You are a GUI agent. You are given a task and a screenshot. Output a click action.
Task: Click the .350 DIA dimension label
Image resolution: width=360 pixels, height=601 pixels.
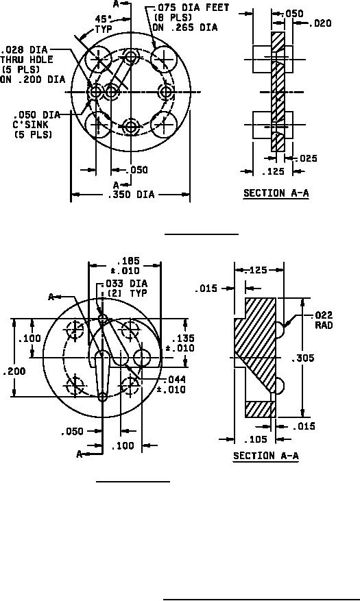click(131, 195)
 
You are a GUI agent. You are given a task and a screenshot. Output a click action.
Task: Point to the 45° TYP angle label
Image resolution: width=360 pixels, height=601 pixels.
click(104, 25)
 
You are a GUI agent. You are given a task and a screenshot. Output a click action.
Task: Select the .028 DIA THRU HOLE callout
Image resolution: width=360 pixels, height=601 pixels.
click(32, 65)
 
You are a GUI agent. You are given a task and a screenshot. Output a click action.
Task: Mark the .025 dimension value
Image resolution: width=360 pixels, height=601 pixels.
click(306, 158)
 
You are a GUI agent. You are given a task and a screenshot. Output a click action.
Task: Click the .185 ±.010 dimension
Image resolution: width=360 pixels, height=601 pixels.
click(125, 266)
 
